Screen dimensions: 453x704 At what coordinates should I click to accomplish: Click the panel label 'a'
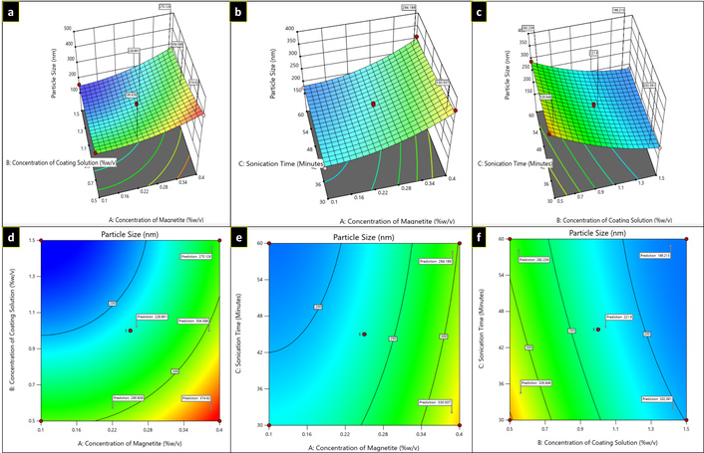tap(11, 12)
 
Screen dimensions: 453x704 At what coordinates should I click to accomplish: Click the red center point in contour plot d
tap(130, 330)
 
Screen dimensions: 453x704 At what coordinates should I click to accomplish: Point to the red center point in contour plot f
tap(597, 330)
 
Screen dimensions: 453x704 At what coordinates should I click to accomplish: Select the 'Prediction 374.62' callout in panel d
tap(195, 397)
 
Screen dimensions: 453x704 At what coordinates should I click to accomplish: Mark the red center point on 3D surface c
tap(596, 104)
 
